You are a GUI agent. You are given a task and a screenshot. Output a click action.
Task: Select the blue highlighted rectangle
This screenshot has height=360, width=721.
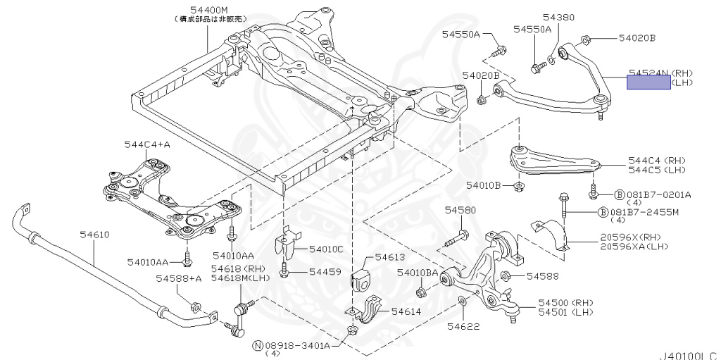tap(649, 82)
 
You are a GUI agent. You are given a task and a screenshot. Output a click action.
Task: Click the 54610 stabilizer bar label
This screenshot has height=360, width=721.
tap(93, 235)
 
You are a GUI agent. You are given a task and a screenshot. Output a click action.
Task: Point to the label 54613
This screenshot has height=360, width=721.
tap(390, 258)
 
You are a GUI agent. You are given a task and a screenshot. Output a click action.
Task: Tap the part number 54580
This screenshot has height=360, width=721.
tap(460, 211)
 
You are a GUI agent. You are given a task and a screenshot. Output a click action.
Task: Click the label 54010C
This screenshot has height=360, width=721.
tap(326, 249)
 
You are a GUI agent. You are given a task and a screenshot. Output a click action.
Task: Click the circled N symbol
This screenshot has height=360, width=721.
tap(258, 345)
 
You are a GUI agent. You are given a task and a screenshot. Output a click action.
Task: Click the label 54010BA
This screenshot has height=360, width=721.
tap(418, 273)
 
